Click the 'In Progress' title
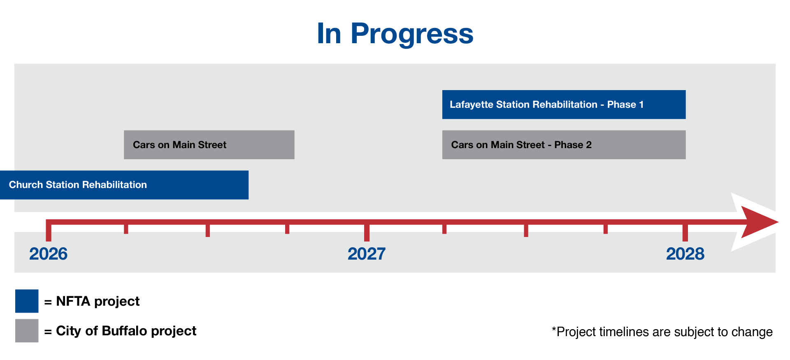(x=395, y=34)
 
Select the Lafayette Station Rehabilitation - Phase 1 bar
(x=564, y=105)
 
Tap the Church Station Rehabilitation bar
(x=124, y=185)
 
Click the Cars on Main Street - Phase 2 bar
(x=564, y=145)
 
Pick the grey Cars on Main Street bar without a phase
(x=209, y=145)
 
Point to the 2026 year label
(x=48, y=254)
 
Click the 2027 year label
(x=367, y=254)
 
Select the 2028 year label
(x=685, y=254)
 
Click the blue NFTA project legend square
(x=27, y=301)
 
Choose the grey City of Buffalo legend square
(x=27, y=331)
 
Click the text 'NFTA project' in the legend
(x=98, y=302)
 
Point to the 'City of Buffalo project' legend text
(x=126, y=331)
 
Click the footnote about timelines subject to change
(x=662, y=332)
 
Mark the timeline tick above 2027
(x=367, y=233)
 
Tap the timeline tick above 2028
(x=685, y=233)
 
